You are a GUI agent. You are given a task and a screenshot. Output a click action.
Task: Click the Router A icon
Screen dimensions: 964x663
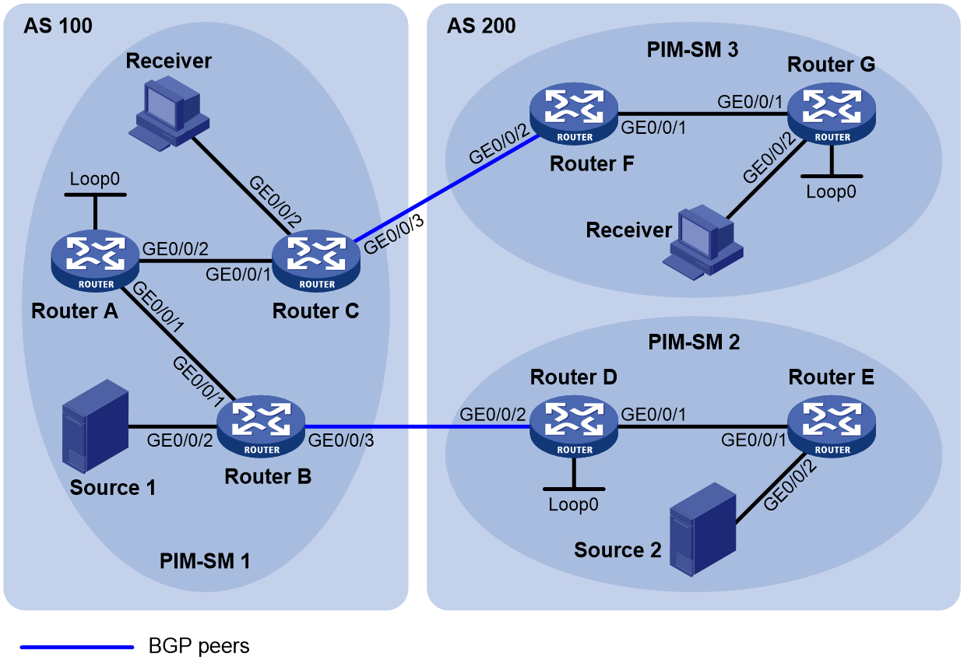click(95, 261)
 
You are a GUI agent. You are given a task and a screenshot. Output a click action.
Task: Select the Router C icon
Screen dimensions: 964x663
click(316, 261)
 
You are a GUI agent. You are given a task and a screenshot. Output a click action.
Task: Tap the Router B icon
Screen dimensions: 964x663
click(261, 426)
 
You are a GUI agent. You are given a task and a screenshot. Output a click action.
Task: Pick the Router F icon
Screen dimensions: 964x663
click(574, 114)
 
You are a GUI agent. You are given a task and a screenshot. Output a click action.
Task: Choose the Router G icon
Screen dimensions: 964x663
click(832, 114)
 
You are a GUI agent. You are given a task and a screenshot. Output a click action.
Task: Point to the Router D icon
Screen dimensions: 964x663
click(574, 426)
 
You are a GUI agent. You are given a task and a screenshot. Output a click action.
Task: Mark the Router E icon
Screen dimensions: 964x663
click(832, 426)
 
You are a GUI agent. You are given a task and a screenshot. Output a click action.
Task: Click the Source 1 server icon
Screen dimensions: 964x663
click(96, 426)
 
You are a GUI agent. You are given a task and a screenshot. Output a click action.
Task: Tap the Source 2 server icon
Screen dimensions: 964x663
click(703, 529)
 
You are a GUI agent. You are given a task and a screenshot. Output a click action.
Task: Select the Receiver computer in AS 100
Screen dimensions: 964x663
click(169, 114)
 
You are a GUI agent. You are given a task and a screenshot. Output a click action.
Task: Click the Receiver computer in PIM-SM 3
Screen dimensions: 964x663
click(703, 243)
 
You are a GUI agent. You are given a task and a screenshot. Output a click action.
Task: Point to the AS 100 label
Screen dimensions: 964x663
click(58, 26)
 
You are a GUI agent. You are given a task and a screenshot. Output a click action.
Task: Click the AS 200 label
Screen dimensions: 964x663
click(481, 26)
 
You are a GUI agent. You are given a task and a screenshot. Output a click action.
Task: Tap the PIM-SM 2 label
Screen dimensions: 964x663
click(694, 342)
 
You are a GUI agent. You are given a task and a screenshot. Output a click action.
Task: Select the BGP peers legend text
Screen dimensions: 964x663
click(199, 646)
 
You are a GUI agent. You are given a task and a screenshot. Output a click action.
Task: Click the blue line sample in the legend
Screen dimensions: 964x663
click(77, 647)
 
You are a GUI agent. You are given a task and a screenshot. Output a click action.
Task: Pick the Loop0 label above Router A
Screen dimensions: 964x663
click(95, 179)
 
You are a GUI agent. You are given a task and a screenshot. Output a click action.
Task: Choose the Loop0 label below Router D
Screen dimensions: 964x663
click(573, 504)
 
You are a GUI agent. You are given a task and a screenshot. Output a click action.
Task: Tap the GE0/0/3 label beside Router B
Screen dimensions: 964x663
click(341, 440)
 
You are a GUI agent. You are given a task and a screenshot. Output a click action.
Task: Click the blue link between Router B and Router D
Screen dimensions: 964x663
click(417, 427)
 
